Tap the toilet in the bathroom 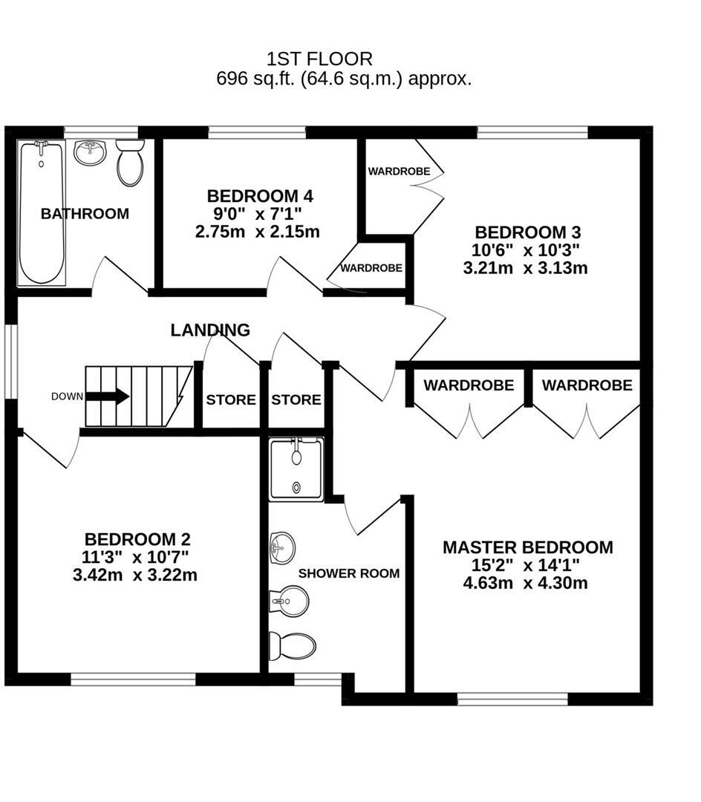click(x=130, y=163)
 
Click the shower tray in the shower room click(x=296, y=469)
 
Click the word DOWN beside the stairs click(x=67, y=397)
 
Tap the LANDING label click(x=210, y=330)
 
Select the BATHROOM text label click(x=85, y=214)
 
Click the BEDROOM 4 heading click(x=260, y=197)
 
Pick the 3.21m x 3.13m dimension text click(x=525, y=268)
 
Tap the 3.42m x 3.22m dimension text click(x=135, y=575)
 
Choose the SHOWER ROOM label click(x=348, y=573)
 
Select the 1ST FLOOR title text click(x=319, y=58)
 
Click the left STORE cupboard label click(x=231, y=400)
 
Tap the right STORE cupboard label click(x=296, y=400)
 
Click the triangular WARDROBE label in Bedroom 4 click(x=371, y=268)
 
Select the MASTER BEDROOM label click(x=527, y=548)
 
